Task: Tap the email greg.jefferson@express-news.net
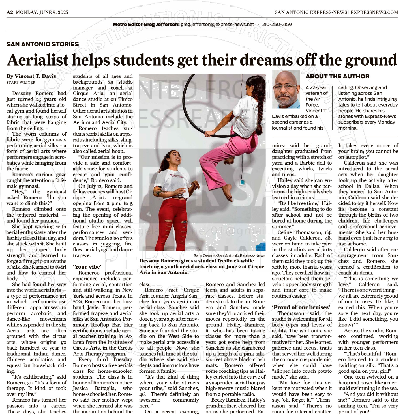[217, 24]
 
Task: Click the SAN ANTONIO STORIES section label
[42, 44]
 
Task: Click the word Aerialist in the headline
[37, 60]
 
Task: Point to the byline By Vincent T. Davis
[31, 76]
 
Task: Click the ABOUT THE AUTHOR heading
[337, 76]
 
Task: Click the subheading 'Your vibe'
[87, 267]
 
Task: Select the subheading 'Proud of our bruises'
[301, 307]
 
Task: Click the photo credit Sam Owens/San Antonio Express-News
[229, 255]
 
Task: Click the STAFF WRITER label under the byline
[21, 83]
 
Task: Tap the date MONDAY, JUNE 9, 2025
[42, 12]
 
